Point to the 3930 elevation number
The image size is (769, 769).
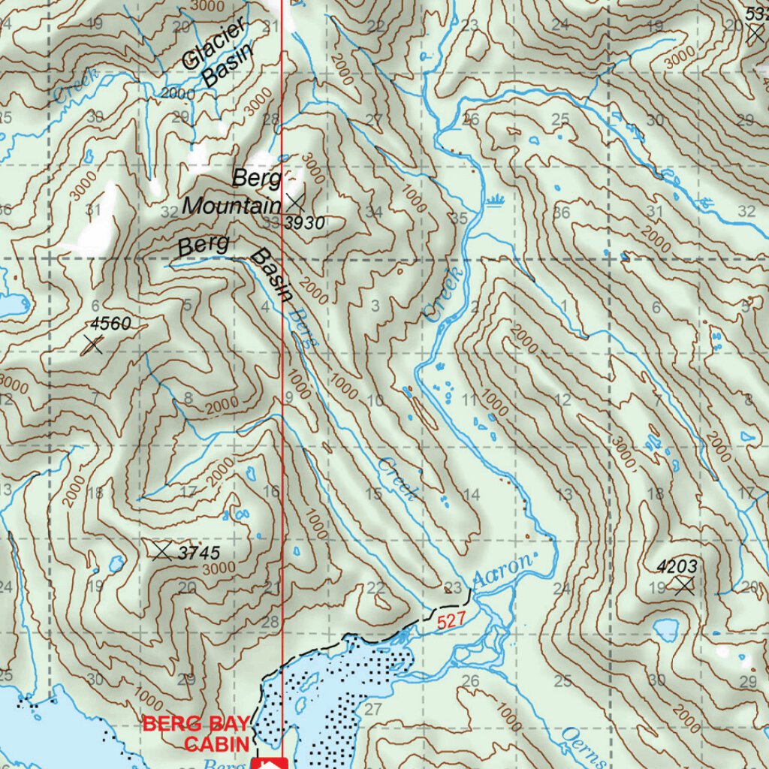[305, 222]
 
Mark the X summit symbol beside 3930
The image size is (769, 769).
[295, 201]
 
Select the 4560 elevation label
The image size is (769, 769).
[111, 324]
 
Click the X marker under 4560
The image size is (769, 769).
[93, 345]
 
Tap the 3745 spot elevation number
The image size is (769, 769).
[199, 553]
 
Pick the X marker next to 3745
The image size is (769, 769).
[161, 550]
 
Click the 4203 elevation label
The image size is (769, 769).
[677, 565]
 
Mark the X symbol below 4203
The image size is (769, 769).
[683, 585]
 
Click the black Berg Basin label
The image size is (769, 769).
[233, 263]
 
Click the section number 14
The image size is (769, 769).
[471, 494]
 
